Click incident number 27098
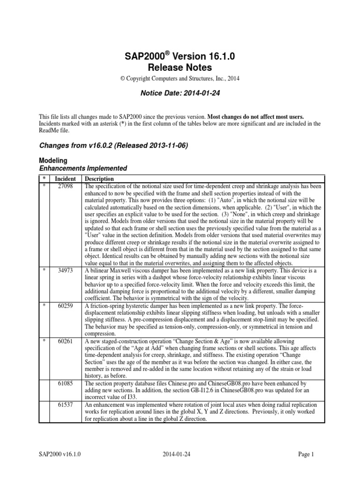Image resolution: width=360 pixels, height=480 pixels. [x=65, y=186]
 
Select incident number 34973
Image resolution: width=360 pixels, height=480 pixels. [x=65, y=271]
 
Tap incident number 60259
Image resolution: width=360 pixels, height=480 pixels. [x=65, y=305]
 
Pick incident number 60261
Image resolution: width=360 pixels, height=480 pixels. [x=65, y=342]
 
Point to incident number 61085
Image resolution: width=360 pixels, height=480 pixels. [x=65, y=383]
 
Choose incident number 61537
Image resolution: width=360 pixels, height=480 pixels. [x=65, y=405]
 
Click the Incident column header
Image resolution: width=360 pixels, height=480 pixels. [x=65, y=179]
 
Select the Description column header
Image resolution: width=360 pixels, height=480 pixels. [x=99, y=179]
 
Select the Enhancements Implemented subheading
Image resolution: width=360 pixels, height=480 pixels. [x=82, y=168]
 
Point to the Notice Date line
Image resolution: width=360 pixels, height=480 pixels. [x=180, y=93]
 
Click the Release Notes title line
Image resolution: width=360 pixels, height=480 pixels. [x=180, y=67]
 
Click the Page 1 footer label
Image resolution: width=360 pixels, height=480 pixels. [x=308, y=454]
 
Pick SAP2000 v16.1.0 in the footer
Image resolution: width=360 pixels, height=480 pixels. [x=59, y=454]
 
